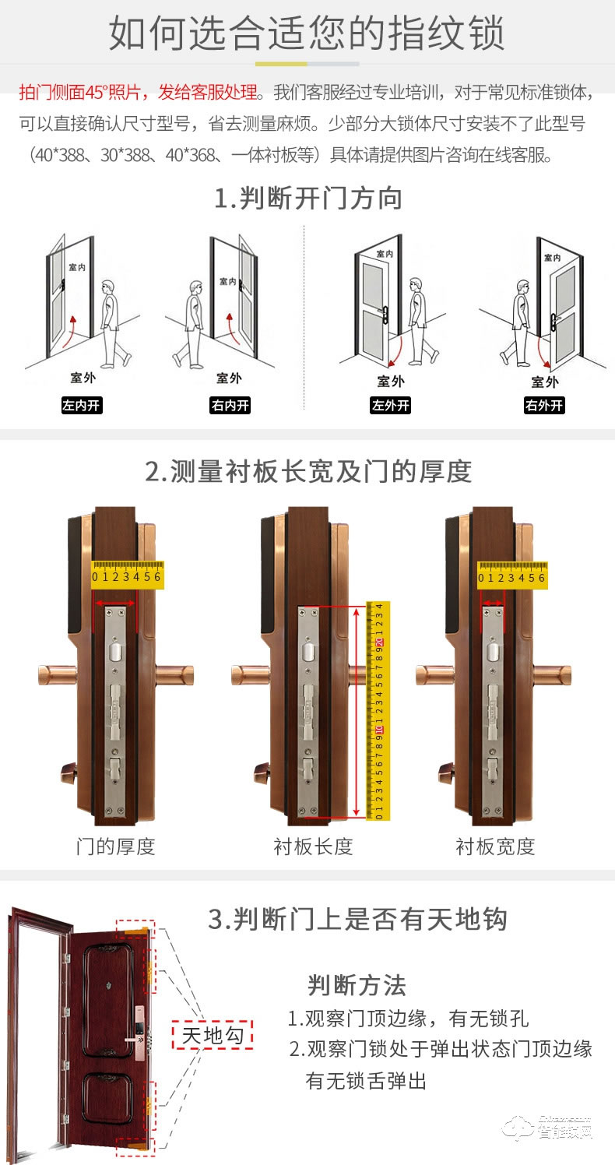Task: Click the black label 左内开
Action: point(82,406)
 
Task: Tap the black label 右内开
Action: point(230,406)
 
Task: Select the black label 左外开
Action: point(390,406)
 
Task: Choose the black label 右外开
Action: point(544,406)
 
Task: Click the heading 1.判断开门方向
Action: point(308,199)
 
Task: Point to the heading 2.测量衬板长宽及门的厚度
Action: point(308,471)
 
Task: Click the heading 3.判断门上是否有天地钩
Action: point(357,919)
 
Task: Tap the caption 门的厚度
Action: point(116,846)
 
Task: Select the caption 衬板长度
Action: point(313,846)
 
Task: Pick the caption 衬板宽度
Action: point(495,846)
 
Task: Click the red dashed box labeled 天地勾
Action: point(213,1035)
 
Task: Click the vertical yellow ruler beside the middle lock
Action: point(378,710)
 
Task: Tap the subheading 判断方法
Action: point(357,985)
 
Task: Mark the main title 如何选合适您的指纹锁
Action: point(307,33)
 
